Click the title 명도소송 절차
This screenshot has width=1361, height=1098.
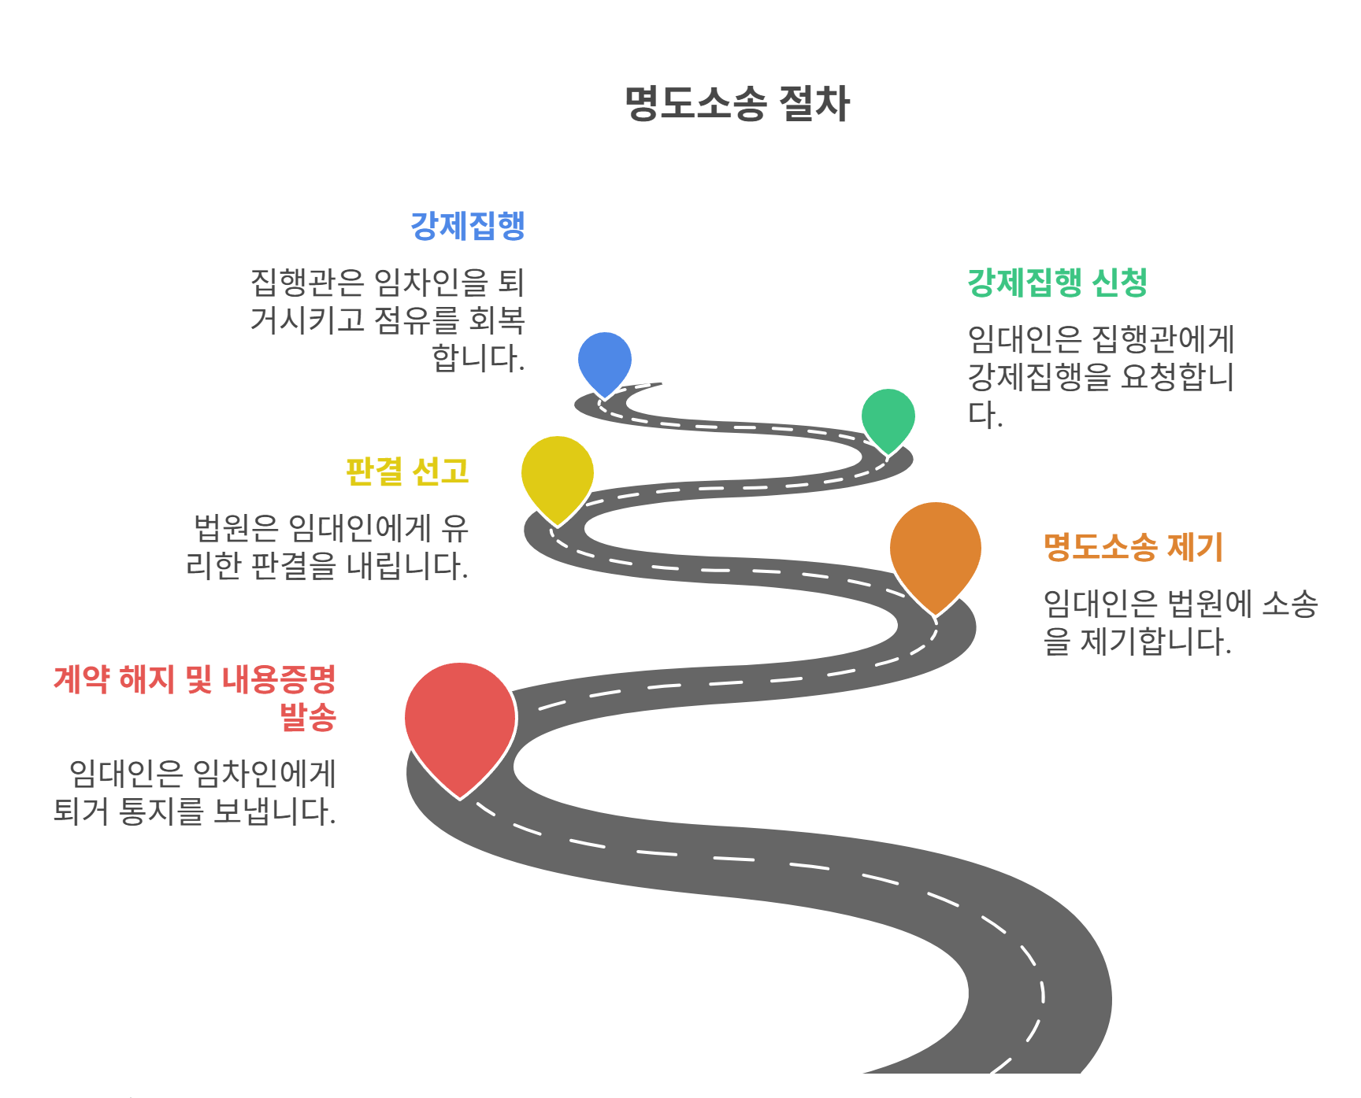click(737, 104)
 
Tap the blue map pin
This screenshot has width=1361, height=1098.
click(605, 360)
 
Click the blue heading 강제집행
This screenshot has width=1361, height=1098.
click(468, 227)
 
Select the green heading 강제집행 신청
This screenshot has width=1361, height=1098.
click(1057, 283)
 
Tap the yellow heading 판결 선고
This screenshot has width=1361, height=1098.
click(408, 471)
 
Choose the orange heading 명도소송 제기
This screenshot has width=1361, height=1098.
click(1133, 547)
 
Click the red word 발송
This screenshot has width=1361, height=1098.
click(308, 717)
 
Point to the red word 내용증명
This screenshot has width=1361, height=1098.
click(279, 679)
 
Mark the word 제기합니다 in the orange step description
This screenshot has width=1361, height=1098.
click(1155, 641)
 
